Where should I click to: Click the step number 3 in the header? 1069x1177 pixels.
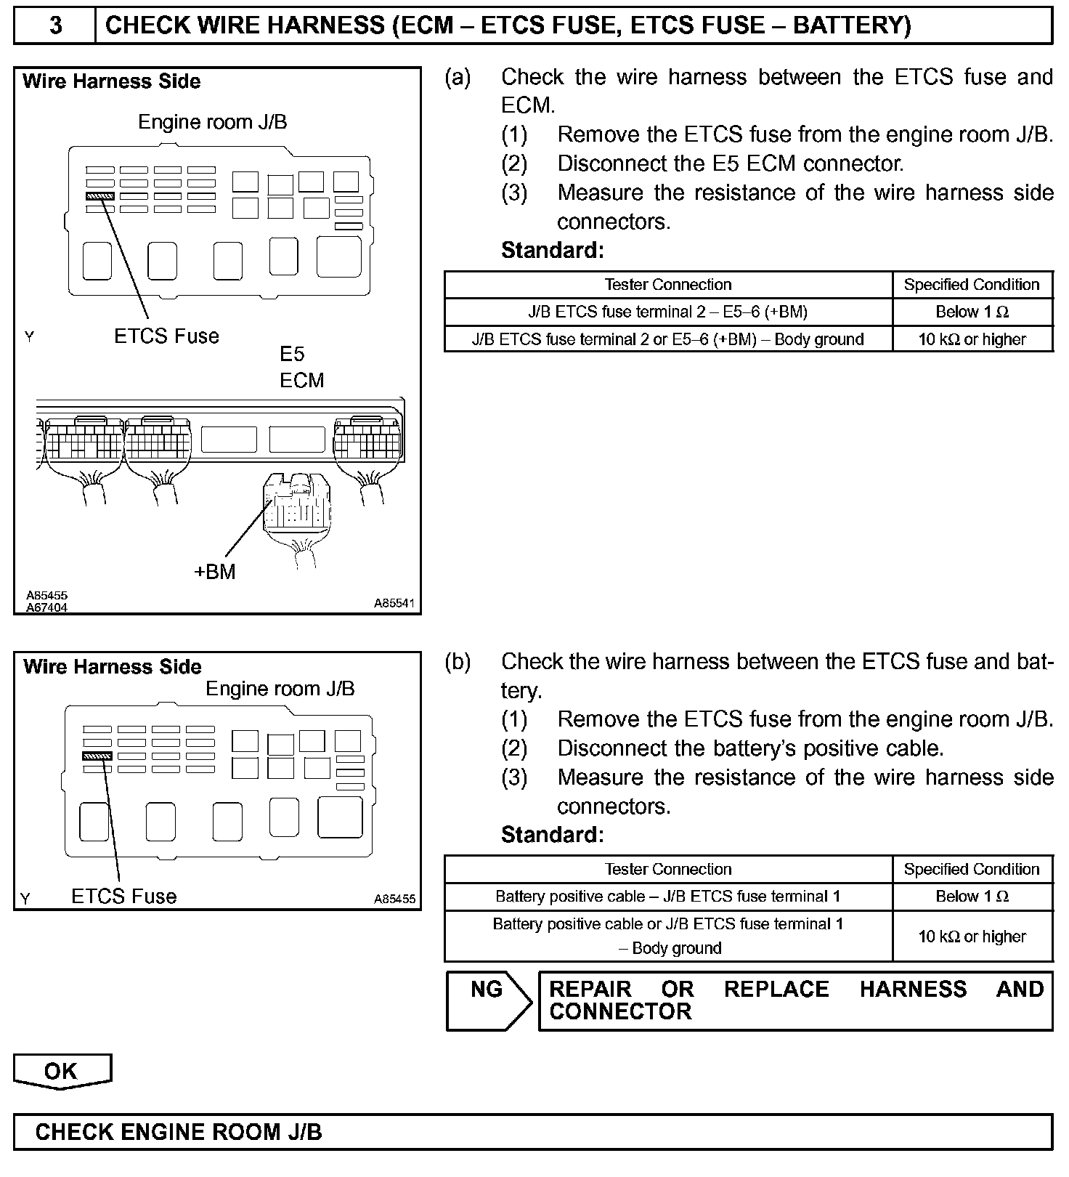tap(55, 25)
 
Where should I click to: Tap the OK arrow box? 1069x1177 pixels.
tap(62, 1072)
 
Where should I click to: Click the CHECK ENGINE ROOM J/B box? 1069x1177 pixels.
tap(532, 1131)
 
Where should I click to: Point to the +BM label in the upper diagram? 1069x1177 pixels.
tap(215, 572)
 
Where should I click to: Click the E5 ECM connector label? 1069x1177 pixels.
tap(301, 368)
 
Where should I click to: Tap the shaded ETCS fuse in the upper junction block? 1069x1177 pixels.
tap(100, 196)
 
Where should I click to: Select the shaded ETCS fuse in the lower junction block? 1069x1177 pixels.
tap(97, 756)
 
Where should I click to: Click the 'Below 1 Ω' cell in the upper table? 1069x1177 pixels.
tap(972, 312)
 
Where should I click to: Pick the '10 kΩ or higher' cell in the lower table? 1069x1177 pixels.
tap(972, 936)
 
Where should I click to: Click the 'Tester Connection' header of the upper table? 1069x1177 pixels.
tap(667, 285)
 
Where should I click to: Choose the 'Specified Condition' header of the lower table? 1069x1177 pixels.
tap(972, 869)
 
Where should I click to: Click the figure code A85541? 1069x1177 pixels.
tap(394, 602)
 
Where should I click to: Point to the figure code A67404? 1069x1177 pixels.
tap(47, 607)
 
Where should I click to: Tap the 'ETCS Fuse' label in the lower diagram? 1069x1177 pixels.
tap(123, 896)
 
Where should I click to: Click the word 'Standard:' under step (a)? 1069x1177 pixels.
tap(552, 251)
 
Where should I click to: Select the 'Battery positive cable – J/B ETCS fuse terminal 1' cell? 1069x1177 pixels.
tap(667, 897)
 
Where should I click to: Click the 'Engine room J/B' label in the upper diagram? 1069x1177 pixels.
tap(213, 122)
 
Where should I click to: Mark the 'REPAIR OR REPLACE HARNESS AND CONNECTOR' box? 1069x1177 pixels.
tap(795, 1000)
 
